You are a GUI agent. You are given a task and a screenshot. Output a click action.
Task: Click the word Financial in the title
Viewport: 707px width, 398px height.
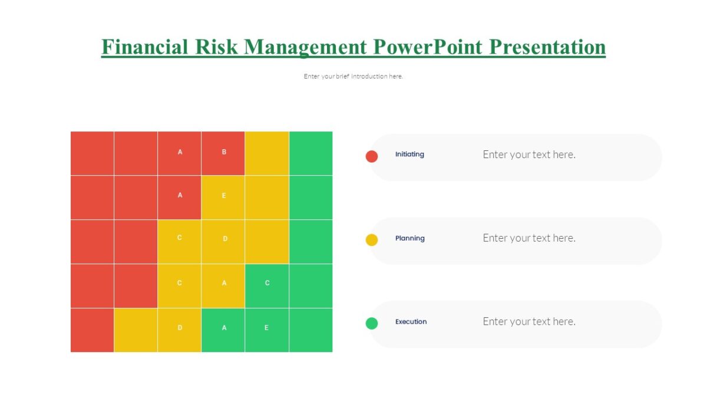(x=145, y=47)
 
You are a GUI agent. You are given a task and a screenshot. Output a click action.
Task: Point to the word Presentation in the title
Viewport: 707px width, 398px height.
(x=547, y=47)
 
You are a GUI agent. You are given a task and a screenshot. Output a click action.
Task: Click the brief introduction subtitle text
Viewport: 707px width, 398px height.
(x=353, y=76)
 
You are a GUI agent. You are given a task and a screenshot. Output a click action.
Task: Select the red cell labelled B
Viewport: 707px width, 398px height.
(x=223, y=153)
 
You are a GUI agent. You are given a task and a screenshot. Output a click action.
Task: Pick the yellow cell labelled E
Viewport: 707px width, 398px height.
(x=223, y=197)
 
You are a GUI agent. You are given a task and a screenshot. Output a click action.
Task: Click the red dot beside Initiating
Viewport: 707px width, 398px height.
(x=372, y=156)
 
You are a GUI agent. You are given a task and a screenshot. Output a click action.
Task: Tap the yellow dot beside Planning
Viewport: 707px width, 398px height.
(x=372, y=240)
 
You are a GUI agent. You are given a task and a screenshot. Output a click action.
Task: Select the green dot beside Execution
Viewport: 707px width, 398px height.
(x=372, y=323)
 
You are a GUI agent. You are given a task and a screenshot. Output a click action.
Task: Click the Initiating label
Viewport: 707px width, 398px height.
(x=409, y=154)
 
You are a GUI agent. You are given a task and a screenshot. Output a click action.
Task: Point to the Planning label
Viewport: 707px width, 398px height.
(x=410, y=238)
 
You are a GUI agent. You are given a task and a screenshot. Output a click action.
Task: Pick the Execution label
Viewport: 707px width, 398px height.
(x=411, y=322)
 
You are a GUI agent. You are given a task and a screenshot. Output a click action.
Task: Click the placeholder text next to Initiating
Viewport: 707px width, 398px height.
(x=529, y=154)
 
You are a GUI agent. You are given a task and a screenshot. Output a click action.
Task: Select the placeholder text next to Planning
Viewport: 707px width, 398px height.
(x=529, y=238)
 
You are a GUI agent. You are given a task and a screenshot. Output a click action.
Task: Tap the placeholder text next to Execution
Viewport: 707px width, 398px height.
(x=529, y=322)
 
